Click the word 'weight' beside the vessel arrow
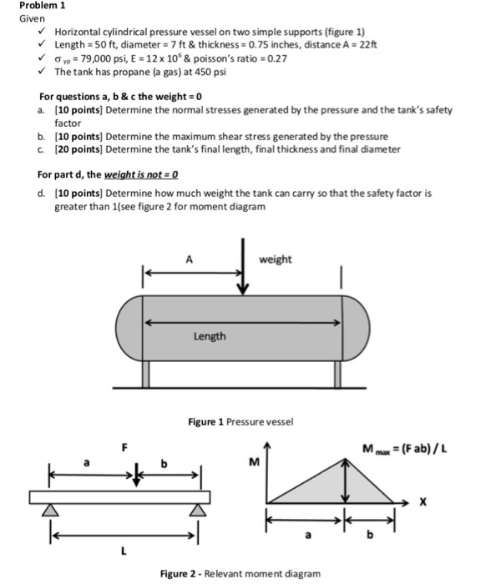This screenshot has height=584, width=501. pos(276,259)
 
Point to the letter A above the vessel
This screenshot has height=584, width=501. pos(190,259)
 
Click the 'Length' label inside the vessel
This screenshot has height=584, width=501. pos(210,336)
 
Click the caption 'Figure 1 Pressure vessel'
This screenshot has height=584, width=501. pos(240,422)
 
